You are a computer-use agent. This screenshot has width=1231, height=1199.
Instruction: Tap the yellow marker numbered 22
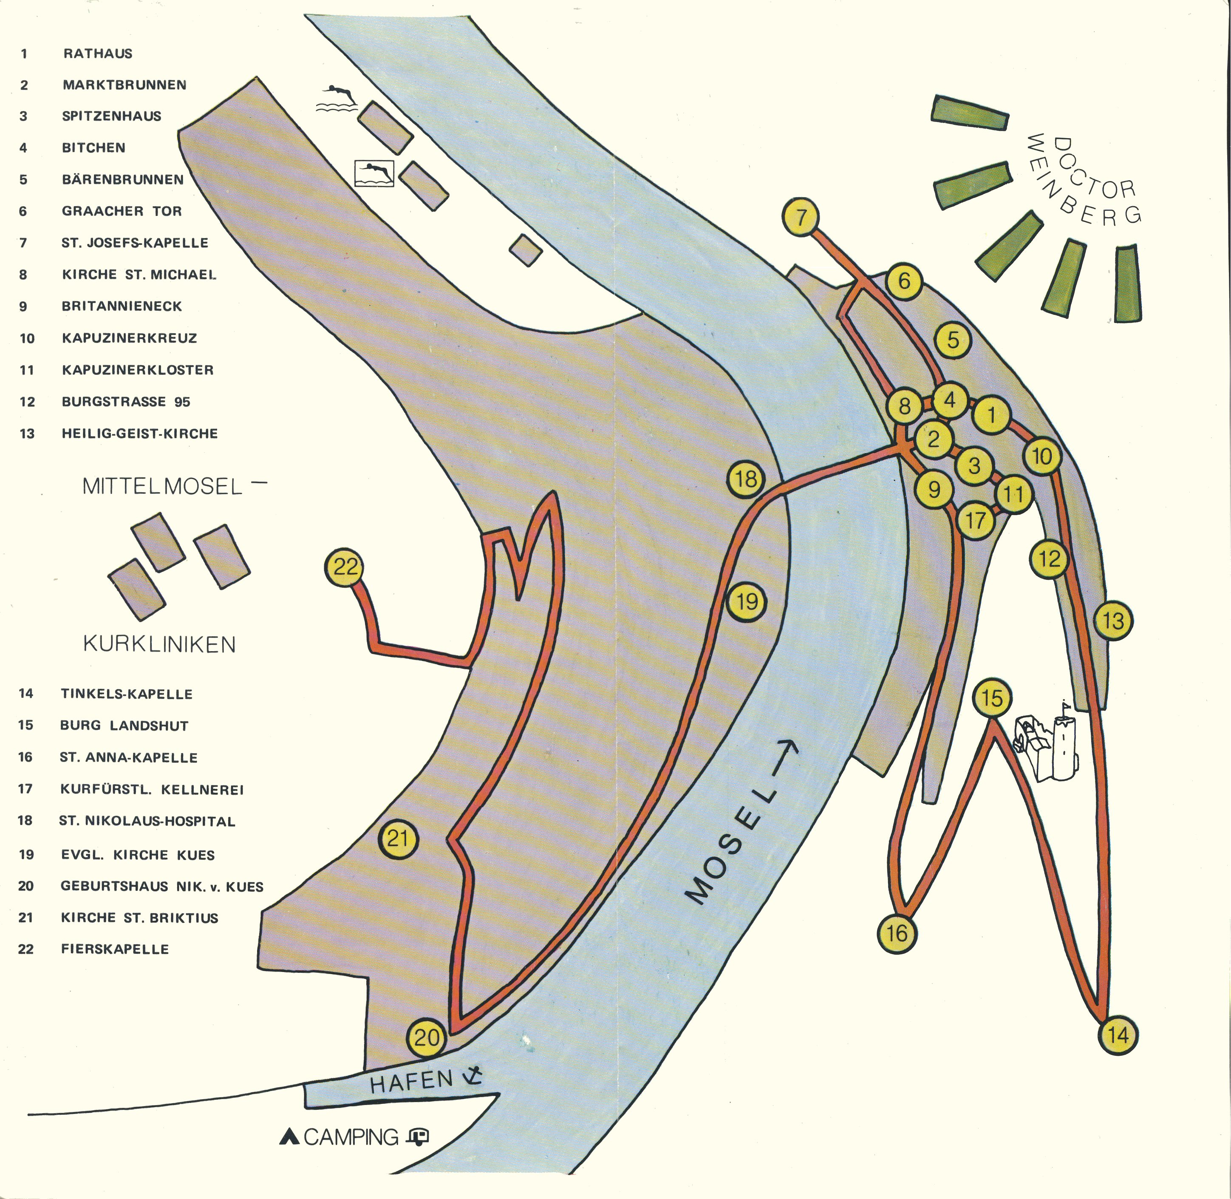[x=345, y=567]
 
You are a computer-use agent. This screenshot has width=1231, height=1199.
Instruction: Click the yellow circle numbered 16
[x=897, y=933]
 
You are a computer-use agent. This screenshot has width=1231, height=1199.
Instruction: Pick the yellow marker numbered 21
[x=398, y=839]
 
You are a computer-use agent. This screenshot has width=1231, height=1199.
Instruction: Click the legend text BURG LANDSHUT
[x=124, y=726]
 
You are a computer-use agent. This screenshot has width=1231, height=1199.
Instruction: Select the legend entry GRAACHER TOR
[x=122, y=211]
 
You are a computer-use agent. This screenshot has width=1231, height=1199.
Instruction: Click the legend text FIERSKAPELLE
[x=115, y=949]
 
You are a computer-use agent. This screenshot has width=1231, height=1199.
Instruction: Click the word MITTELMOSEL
[x=162, y=486]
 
